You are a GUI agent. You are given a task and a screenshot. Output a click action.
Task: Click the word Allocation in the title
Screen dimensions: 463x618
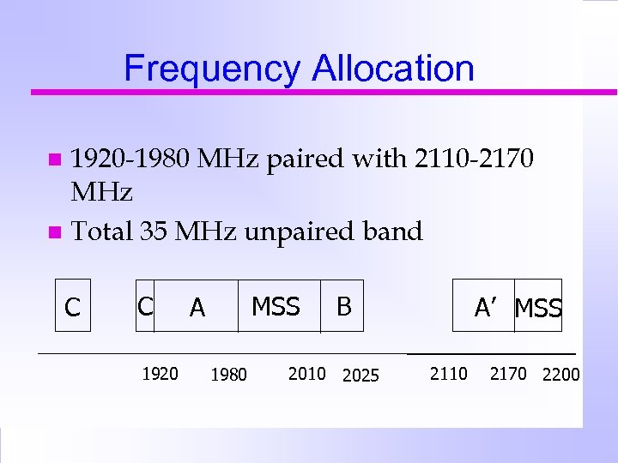pyautogui.click(x=393, y=69)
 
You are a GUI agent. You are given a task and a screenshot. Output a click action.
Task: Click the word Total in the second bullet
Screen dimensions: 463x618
pyautogui.click(x=101, y=231)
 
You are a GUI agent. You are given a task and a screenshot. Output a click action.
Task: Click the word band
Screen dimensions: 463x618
pyautogui.click(x=391, y=231)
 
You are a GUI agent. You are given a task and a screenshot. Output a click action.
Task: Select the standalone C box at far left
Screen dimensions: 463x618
pyautogui.click(x=73, y=306)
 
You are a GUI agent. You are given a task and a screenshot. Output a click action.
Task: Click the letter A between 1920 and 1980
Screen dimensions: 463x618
pyautogui.click(x=197, y=307)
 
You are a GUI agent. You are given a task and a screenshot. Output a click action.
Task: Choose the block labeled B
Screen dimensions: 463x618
pyautogui.click(x=343, y=306)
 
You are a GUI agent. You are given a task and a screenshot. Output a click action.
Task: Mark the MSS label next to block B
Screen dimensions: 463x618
pyautogui.click(x=276, y=306)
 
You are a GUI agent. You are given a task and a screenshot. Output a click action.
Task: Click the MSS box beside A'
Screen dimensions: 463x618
pyautogui.click(x=538, y=308)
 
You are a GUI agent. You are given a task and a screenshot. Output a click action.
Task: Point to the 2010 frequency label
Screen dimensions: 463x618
pyautogui.click(x=306, y=373)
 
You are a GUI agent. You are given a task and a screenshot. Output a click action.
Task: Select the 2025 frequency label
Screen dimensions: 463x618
pyautogui.click(x=360, y=375)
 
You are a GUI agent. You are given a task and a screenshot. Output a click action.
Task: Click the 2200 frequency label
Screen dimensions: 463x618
pyautogui.click(x=560, y=375)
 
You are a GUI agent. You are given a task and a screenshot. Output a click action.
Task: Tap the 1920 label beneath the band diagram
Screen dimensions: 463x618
pyautogui.click(x=160, y=373)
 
